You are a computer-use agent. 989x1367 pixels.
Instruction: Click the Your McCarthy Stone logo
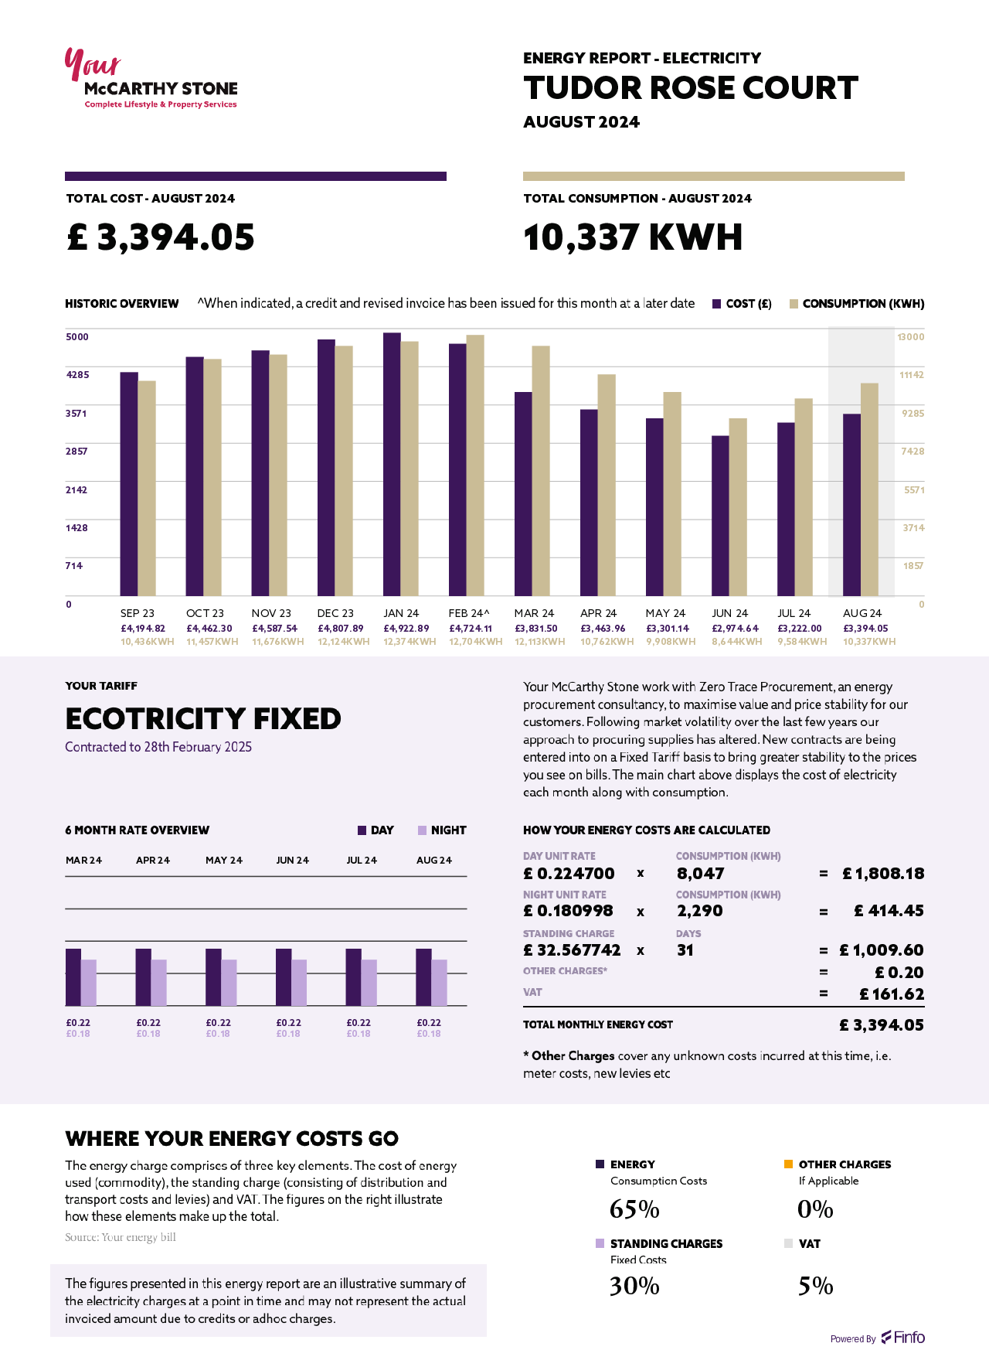click(151, 80)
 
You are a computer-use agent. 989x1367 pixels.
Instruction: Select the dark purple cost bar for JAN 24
click(392, 464)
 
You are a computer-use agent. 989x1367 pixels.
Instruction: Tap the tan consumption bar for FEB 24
click(475, 465)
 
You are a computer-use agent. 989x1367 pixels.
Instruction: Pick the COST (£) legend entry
click(741, 304)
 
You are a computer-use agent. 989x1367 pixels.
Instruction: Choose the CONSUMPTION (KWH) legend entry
click(856, 304)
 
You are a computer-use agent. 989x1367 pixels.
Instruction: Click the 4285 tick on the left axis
click(77, 375)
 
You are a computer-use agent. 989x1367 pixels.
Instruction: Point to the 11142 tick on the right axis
click(912, 375)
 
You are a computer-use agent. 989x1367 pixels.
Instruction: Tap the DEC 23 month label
click(335, 613)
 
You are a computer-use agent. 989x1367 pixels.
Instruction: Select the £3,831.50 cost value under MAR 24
click(535, 629)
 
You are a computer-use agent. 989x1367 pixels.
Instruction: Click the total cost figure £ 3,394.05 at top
click(161, 237)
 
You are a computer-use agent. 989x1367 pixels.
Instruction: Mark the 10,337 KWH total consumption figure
click(633, 237)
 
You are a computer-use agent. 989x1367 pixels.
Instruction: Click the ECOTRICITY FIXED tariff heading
click(203, 719)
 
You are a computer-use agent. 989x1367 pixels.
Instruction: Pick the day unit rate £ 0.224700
click(569, 874)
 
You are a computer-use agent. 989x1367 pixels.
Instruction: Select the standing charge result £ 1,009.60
click(882, 950)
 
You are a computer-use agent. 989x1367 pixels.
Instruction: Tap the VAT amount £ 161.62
click(892, 994)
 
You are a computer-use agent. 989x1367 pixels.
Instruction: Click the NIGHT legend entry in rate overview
click(442, 830)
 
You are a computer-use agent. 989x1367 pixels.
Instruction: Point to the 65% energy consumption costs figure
click(634, 1209)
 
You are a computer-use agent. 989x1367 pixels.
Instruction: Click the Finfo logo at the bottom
click(903, 1338)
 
